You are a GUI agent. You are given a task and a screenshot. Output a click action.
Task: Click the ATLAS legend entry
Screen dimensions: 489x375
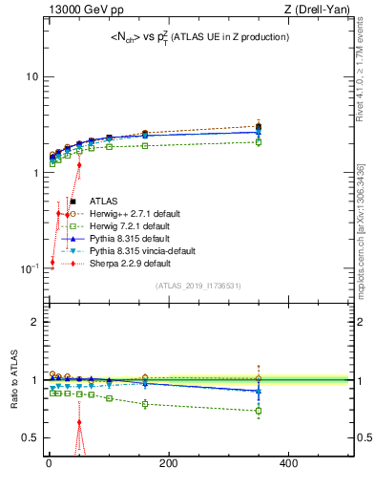pyautogui.click(x=104, y=202)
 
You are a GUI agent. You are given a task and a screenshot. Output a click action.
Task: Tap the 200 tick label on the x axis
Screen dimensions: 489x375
pyautogui.click(x=169, y=463)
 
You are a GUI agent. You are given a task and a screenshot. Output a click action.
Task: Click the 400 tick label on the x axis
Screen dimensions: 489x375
pyautogui.click(x=288, y=463)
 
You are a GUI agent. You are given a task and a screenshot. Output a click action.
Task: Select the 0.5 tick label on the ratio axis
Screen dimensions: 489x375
pyautogui.click(x=30, y=437)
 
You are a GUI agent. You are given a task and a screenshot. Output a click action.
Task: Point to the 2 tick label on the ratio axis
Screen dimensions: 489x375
pyautogui.click(x=33, y=322)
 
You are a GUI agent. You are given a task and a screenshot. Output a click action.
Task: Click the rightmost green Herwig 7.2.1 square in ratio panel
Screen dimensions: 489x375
pyautogui.click(x=259, y=411)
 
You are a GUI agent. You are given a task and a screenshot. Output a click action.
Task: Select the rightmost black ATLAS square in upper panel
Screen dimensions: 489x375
pyautogui.click(x=259, y=126)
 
